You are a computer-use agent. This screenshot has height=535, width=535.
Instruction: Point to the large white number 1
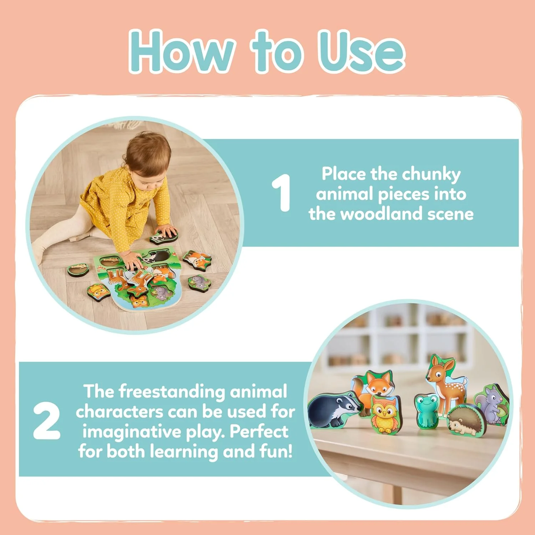point(282,193)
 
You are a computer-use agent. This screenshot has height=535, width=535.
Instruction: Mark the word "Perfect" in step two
point(259,432)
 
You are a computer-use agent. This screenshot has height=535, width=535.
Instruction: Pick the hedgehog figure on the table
point(464,421)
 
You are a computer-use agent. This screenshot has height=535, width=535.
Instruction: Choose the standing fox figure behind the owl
point(374,389)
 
